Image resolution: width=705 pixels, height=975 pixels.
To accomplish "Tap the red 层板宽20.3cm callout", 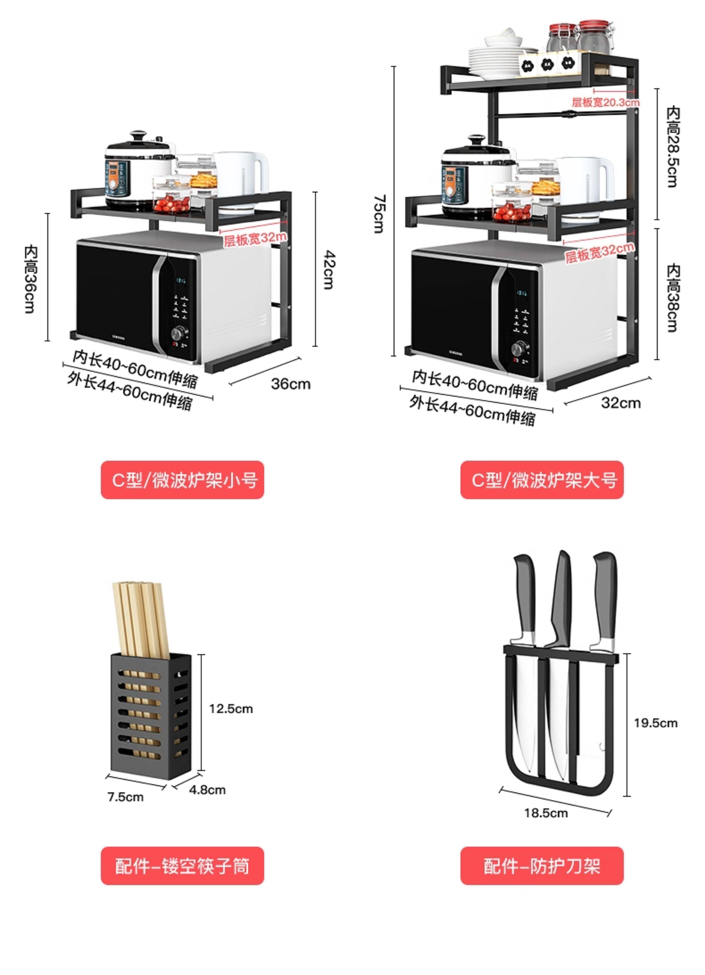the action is pyautogui.click(x=605, y=102).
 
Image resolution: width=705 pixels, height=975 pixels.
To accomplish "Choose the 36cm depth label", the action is pyautogui.click(x=290, y=384).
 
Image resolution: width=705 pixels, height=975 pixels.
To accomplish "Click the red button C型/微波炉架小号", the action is pyautogui.click(x=182, y=480).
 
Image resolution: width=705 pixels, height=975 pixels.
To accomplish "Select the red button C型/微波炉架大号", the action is pyautogui.click(x=542, y=480).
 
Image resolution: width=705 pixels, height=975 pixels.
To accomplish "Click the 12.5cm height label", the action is pyautogui.click(x=231, y=709).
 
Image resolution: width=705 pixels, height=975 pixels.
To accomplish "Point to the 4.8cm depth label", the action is pyautogui.click(x=207, y=790).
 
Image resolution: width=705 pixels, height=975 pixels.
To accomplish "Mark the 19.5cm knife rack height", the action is pyautogui.click(x=655, y=723).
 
